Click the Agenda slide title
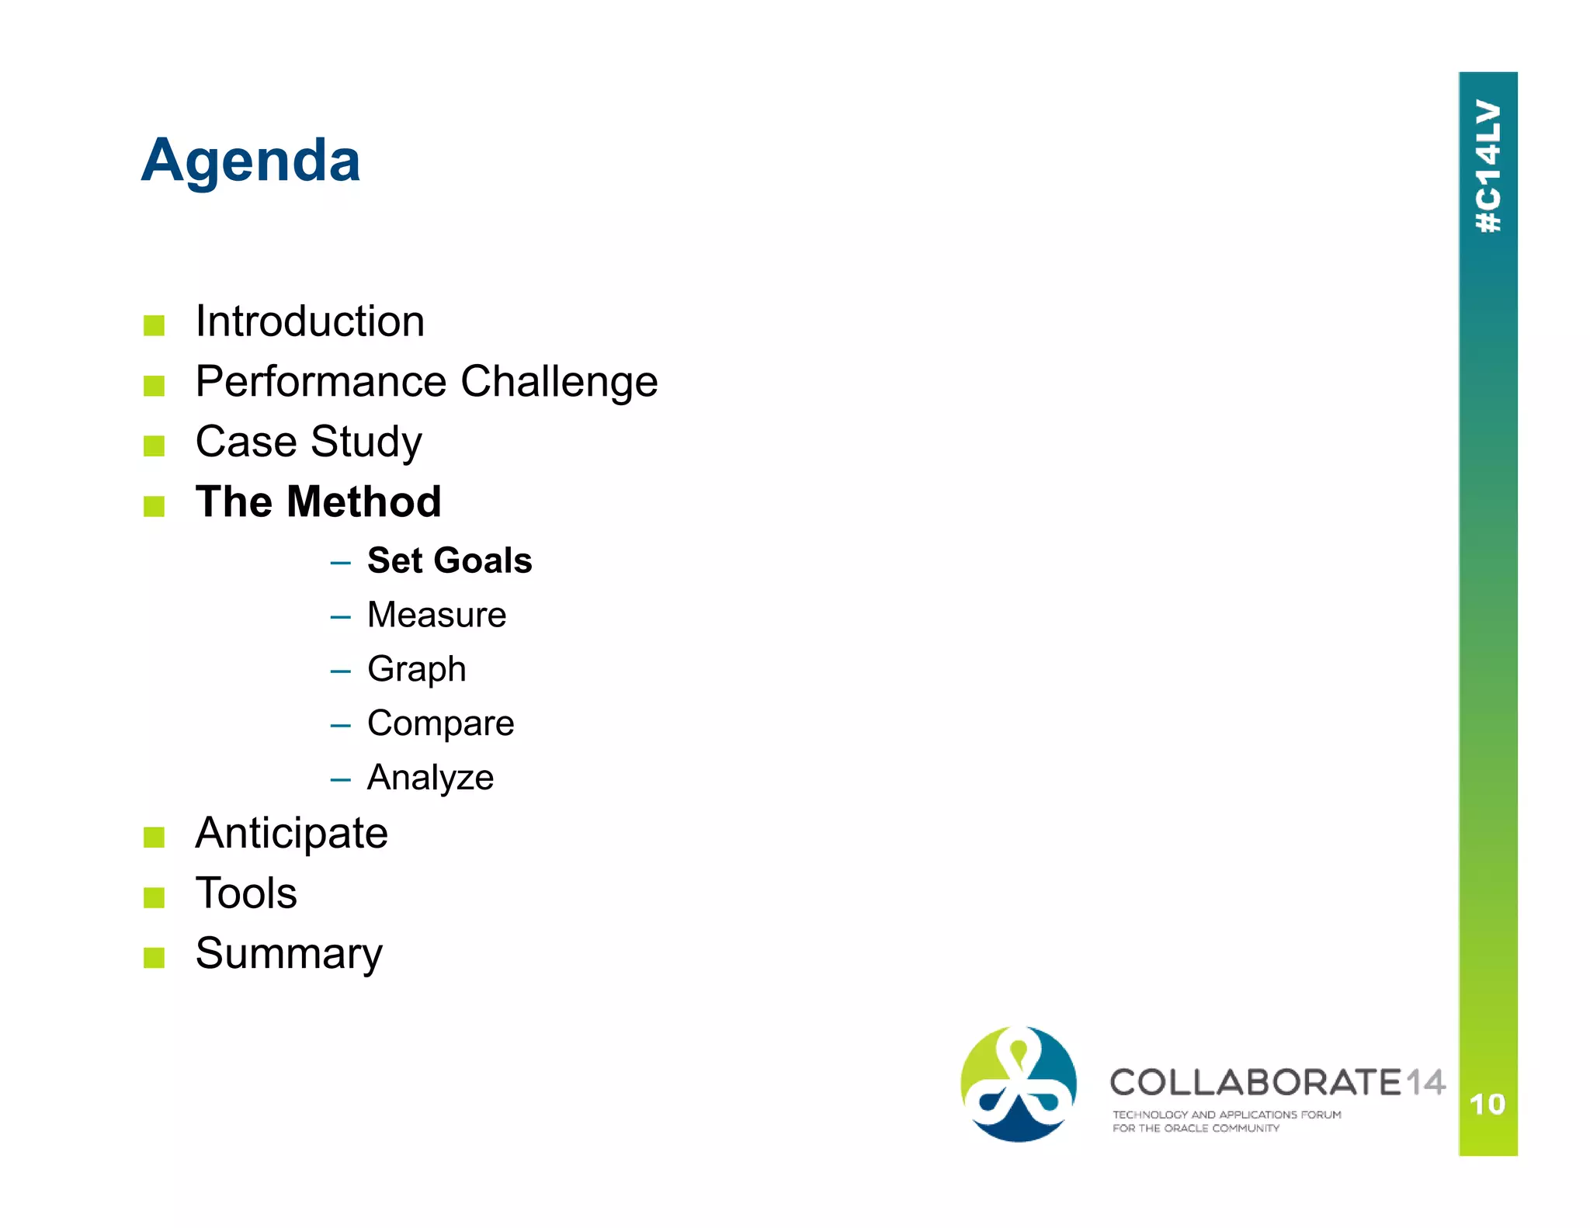[x=250, y=161]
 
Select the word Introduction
[x=310, y=321]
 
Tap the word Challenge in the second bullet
[x=559, y=382]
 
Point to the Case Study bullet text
[x=308, y=442]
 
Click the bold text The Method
[x=318, y=501]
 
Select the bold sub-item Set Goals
[x=449, y=560]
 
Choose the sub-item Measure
[x=436, y=615]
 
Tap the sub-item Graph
[x=416, y=669]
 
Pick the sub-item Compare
[x=440, y=723]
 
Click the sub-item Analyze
[x=430, y=778]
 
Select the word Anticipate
[x=291, y=834]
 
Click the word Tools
[x=246, y=893]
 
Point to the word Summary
[x=289, y=954]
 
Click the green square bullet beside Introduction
[x=154, y=325]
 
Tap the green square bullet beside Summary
[x=154, y=958]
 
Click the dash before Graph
[x=340, y=671]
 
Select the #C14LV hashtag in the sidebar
[x=1488, y=166]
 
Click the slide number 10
[x=1487, y=1104]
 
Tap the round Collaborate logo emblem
[x=1018, y=1084]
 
